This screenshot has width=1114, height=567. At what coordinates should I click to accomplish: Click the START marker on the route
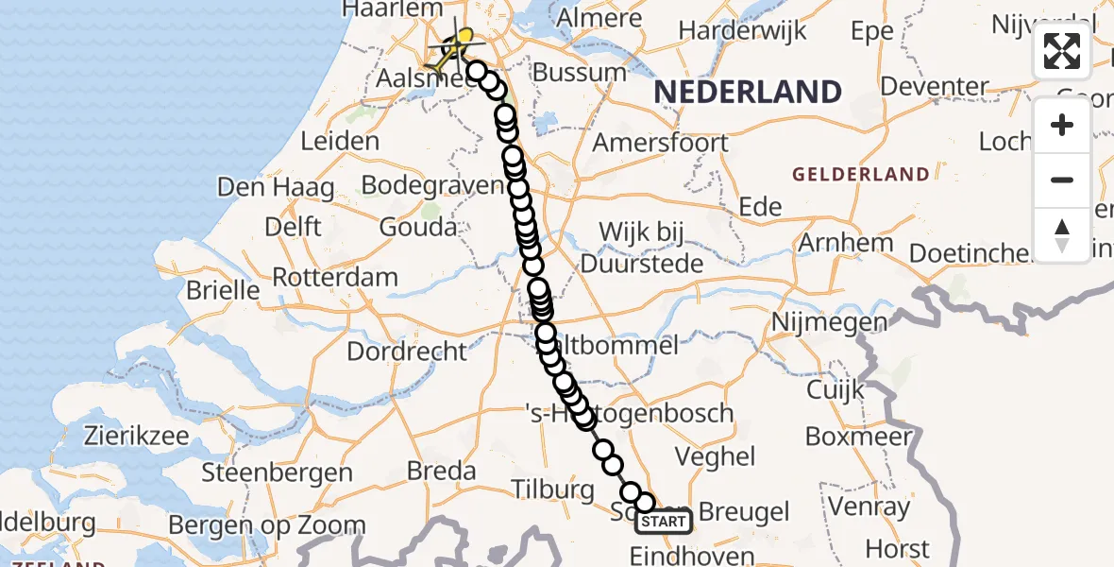(664, 522)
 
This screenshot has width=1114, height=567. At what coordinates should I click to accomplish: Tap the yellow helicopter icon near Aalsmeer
(456, 44)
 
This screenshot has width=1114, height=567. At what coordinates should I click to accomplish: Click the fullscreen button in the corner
(1062, 51)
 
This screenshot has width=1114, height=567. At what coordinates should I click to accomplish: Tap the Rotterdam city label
(335, 278)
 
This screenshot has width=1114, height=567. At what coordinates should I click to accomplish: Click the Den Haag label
(276, 187)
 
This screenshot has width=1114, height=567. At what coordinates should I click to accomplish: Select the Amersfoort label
(660, 143)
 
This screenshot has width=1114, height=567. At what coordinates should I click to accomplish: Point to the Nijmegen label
(829, 323)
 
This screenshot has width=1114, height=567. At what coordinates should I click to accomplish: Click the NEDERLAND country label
(748, 93)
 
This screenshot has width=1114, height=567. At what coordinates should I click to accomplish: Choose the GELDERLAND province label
(860, 174)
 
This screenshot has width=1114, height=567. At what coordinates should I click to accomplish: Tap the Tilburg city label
(552, 490)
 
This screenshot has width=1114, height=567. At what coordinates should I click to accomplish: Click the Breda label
(440, 470)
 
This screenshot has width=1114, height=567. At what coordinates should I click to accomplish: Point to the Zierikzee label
(139, 437)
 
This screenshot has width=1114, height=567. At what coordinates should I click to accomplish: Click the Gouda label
(418, 227)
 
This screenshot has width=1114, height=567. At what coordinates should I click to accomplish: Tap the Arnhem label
(846, 242)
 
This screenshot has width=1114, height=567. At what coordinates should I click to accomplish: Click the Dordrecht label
(407, 352)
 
